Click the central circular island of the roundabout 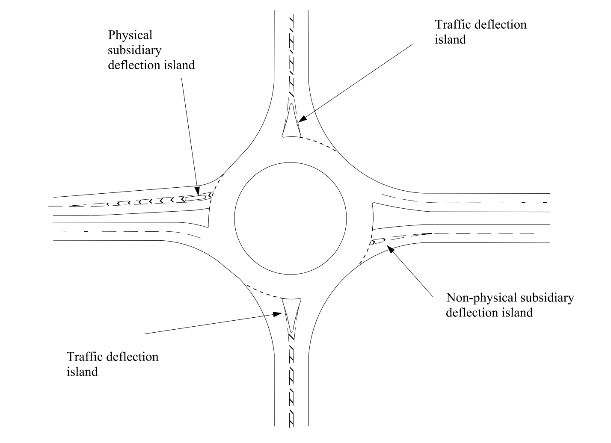(x=291, y=218)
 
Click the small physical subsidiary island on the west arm (x=195, y=198)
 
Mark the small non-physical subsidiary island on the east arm (x=378, y=241)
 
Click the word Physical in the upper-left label (x=131, y=35)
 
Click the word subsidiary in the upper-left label (x=135, y=50)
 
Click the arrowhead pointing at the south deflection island (x=278, y=314)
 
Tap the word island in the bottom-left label (x=82, y=372)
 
